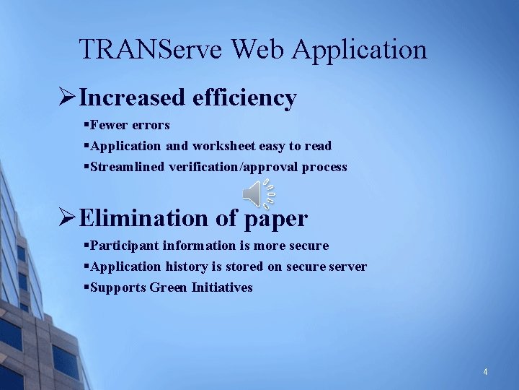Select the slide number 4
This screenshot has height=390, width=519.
[485, 372]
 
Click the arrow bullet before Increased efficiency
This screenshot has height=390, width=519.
[67, 97]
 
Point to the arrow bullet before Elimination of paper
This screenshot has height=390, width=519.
[67, 217]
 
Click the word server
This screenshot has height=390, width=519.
[348, 266]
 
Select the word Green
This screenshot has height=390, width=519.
[169, 287]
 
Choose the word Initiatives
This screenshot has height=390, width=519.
[222, 287]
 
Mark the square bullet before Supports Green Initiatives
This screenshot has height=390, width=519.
[86, 287]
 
